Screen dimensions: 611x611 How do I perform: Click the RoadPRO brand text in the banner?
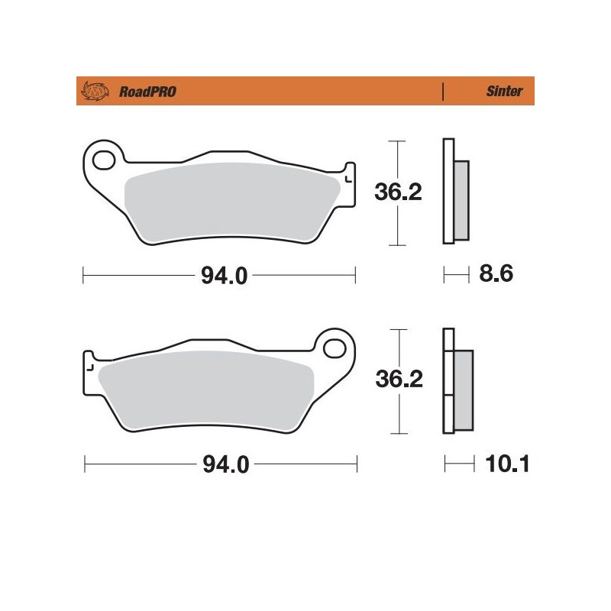coord(137,92)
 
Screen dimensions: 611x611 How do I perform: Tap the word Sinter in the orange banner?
coord(505,92)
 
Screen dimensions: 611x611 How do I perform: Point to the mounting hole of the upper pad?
coord(103,160)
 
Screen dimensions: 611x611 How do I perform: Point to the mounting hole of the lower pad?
coord(335,349)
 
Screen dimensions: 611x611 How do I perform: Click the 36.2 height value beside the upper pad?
coord(398,192)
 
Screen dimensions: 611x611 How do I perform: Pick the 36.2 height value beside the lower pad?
coord(398,379)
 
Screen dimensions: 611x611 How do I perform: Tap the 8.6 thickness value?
coord(493,273)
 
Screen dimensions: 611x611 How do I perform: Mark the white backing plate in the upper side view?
coord(448,191)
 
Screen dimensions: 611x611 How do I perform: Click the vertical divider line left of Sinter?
coord(443,92)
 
